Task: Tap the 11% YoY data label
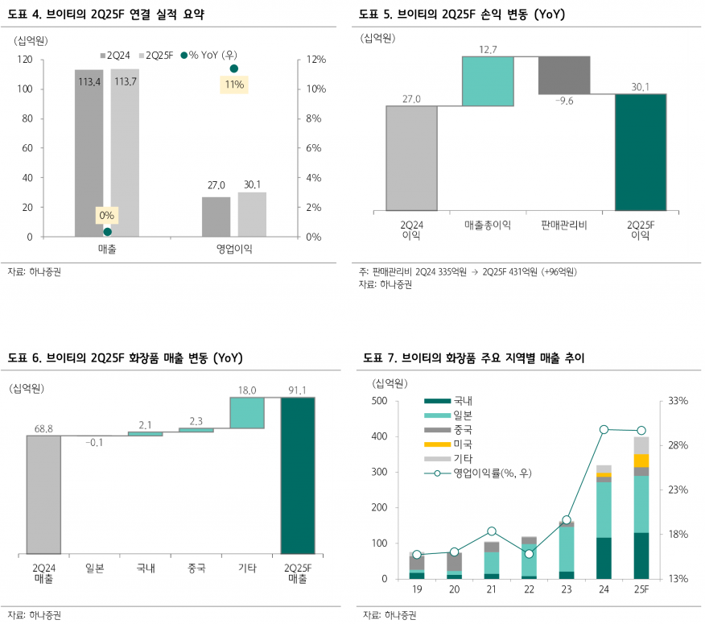pyautogui.click(x=234, y=85)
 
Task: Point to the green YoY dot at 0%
pyautogui.click(x=107, y=232)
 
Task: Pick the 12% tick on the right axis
pyautogui.click(x=313, y=60)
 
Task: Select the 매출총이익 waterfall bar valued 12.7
pyautogui.click(x=488, y=81)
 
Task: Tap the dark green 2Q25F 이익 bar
pyautogui.click(x=641, y=152)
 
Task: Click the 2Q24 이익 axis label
pyautogui.click(x=411, y=229)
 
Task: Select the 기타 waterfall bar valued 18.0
pyautogui.click(x=247, y=412)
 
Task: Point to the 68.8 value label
pyautogui.click(x=43, y=429)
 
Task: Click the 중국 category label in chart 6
pyautogui.click(x=196, y=568)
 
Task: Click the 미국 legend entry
pyautogui.click(x=463, y=444)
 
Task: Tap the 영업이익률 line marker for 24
pyautogui.click(x=604, y=429)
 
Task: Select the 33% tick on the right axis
pyautogui.click(x=678, y=401)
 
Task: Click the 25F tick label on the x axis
pyautogui.click(x=641, y=593)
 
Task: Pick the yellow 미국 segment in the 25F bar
pyautogui.click(x=641, y=460)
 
